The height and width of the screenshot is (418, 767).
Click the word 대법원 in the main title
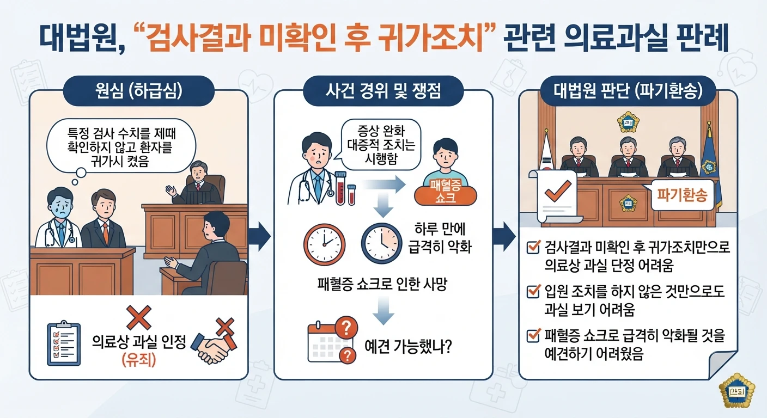(79, 38)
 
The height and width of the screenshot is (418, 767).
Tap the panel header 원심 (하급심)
(139, 91)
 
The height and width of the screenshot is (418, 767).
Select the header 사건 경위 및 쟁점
(383, 91)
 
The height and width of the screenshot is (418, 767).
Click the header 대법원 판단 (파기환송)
(628, 91)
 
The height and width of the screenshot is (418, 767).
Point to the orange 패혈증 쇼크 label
(446, 192)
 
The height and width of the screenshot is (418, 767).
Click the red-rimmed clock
(324, 244)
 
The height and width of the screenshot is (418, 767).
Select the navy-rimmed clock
(382, 243)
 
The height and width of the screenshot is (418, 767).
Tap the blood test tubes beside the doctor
(345, 188)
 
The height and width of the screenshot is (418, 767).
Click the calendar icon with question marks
(332, 340)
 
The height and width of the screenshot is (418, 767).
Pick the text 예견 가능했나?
(408, 347)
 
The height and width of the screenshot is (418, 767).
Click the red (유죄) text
(139, 359)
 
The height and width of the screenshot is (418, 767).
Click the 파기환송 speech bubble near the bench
(681, 195)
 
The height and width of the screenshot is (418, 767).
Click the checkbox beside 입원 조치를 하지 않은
(533, 291)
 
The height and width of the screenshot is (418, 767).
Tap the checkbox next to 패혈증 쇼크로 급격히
(533, 335)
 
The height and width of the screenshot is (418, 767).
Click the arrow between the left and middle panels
(259, 236)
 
